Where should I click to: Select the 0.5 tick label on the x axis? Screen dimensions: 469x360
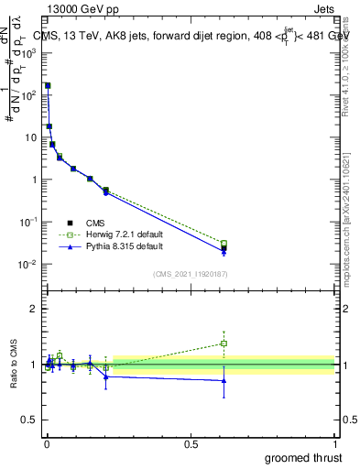point(191,442)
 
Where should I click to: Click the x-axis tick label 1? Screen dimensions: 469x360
point(334,442)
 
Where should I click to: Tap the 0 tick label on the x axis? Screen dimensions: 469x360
point(47,442)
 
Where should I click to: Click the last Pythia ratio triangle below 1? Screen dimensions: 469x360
point(224,380)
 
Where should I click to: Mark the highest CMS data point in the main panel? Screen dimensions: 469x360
point(48,85)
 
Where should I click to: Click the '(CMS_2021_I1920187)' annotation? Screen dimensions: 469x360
point(190,274)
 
